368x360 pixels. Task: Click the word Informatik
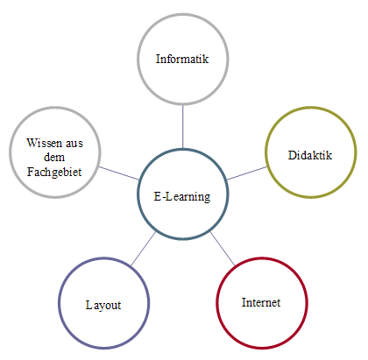click(182, 59)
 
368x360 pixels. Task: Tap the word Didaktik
click(310, 155)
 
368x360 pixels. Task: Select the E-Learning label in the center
click(182, 196)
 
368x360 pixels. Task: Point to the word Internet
click(261, 302)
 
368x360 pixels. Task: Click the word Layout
click(103, 306)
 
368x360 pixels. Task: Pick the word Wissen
click(44, 143)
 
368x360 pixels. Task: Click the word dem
click(54, 157)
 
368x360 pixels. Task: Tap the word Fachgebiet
click(54, 172)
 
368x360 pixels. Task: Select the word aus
click(74, 144)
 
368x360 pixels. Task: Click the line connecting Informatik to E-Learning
click(183, 127)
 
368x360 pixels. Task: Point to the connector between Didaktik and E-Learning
click(247, 173)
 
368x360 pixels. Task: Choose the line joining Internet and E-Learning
click(223, 249)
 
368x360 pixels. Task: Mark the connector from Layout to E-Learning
click(144, 249)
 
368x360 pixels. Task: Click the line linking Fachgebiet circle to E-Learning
click(119, 173)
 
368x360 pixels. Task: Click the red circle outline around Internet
click(216, 303)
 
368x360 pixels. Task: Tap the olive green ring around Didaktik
click(265, 152)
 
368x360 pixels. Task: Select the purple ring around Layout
click(59, 303)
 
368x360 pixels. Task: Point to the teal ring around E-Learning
click(138, 194)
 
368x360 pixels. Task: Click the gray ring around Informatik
click(138, 59)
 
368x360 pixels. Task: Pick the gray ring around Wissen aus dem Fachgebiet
click(10, 152)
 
